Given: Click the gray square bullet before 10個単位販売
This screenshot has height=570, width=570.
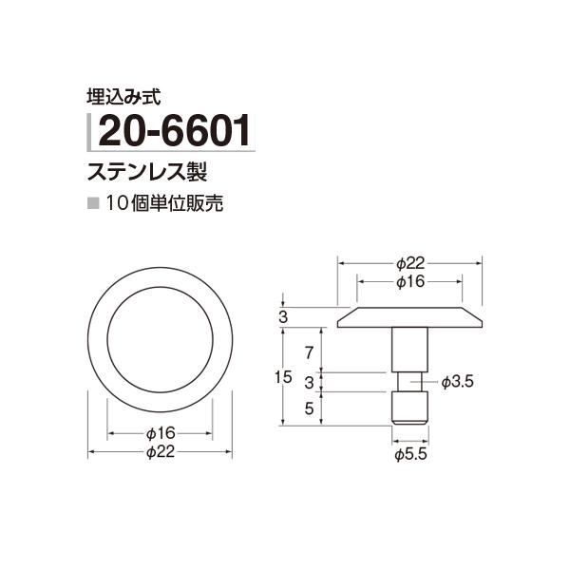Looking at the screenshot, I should pyautogui.click(x=92, y=204).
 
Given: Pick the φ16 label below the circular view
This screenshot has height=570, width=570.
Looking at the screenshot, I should pyautogui.click(x=161, y=433).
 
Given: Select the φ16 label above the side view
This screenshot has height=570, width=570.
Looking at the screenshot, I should pyautogui.click(x=409, y=282).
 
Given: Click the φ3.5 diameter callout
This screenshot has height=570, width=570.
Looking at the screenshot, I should pyautogui.click(x=458, y=381).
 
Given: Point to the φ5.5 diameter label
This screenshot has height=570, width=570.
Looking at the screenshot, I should pyautogui.click(x=409, y=457).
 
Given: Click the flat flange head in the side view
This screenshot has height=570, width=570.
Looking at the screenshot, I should pyautogui.click(x=409, y=317).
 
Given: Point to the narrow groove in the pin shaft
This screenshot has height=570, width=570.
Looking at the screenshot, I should pyautogui.click(x=409, y=381).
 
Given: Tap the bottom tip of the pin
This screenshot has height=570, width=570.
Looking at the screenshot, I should pyautogui.click(x=409, y=420).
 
